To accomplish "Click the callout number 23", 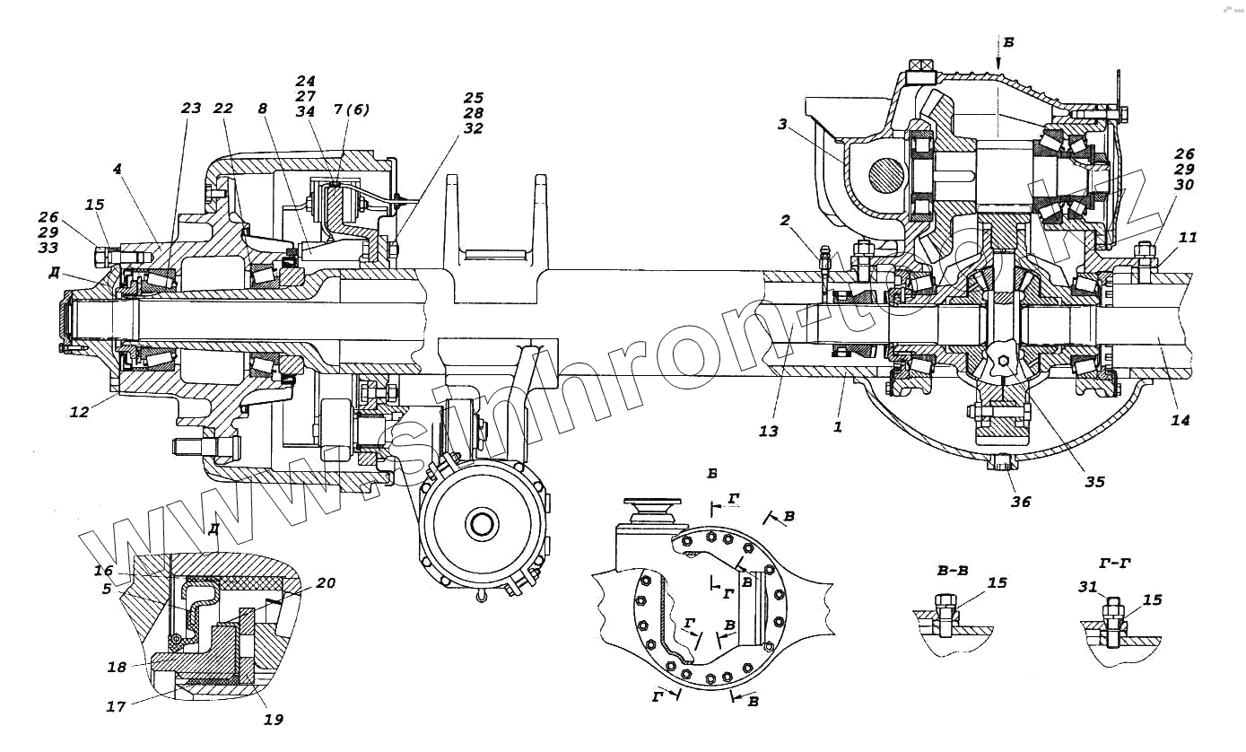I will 192,108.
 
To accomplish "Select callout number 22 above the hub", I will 223,108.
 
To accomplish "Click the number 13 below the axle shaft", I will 768,432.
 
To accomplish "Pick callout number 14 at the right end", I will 1181,419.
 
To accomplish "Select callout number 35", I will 1094,482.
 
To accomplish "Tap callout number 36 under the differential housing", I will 1021,503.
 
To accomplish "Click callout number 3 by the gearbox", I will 782,124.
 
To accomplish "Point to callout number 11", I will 1188,238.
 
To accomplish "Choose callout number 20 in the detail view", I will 326,582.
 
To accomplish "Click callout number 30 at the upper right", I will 1184,185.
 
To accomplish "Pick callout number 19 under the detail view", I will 274,719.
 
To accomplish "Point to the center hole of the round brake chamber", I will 482,522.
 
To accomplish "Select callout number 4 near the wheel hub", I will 119,168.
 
